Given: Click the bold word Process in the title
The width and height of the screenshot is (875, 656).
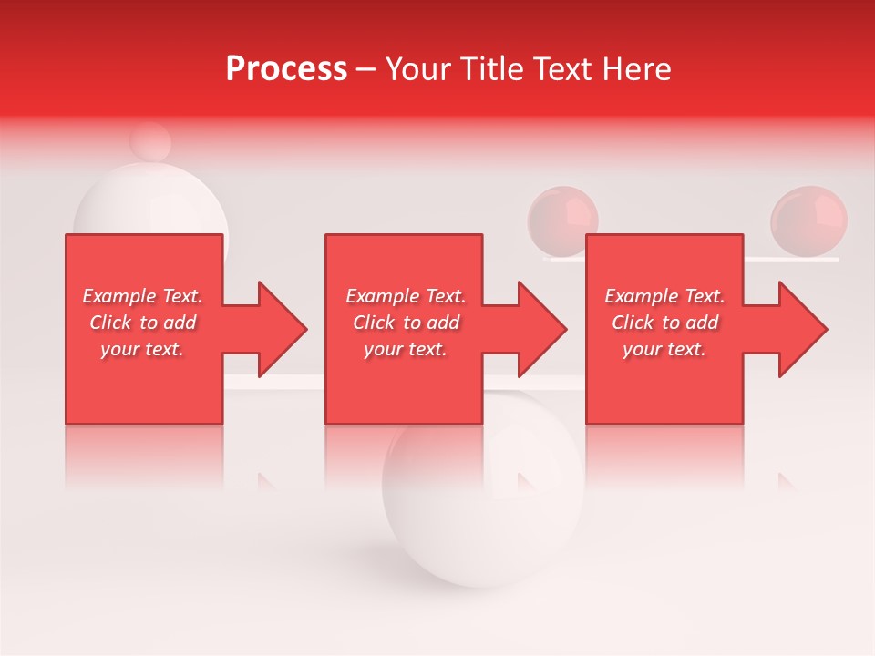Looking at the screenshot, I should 286,69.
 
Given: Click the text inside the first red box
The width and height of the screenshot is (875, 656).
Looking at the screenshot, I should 142,323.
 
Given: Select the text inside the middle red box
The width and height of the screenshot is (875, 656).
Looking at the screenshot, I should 406,323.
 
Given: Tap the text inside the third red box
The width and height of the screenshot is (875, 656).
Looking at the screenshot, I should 664,323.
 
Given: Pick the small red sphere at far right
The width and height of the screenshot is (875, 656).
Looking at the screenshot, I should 809,220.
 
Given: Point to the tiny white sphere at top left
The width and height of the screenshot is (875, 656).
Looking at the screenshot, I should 149,141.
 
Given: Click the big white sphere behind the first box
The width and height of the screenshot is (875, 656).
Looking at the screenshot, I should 150,205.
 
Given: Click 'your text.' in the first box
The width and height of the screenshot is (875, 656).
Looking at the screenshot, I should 142,349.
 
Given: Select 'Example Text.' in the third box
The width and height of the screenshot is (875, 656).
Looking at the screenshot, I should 664,296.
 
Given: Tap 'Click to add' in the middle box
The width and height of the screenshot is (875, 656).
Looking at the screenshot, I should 406,323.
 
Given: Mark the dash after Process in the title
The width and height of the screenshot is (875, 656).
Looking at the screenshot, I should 366,69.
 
